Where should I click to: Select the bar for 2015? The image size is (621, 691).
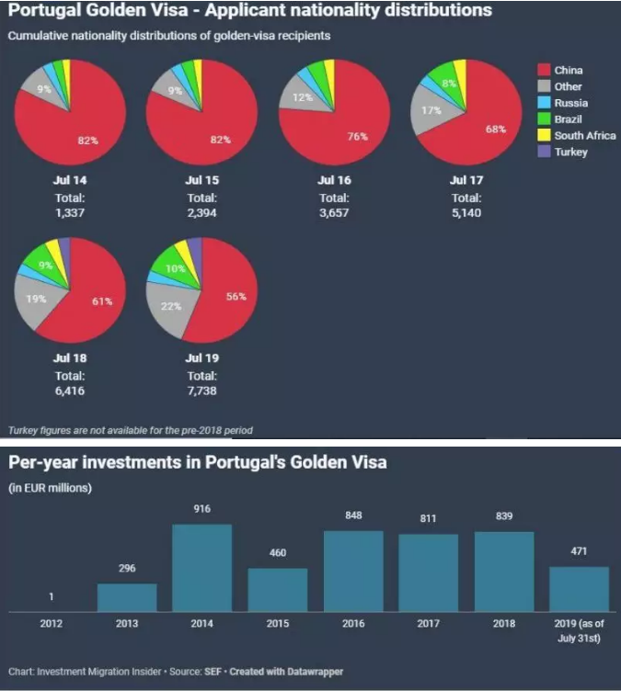point(278,590)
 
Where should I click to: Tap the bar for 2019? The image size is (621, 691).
point(579,589)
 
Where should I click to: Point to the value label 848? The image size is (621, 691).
point(353,515)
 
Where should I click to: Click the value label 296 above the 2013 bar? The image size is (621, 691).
point(127,568)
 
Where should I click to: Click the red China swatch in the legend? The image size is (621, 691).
point(543,70)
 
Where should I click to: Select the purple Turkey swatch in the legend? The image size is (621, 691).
point(543,152)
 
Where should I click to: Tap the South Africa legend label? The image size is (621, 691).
point(585,136)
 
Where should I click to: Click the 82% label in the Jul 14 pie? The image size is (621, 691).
point(86,141)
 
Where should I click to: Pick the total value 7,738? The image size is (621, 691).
point(202,390)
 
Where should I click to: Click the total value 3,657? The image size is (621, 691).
point(334,212)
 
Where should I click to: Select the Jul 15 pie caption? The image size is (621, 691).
point(201,180)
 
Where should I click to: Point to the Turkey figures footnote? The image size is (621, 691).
point(130,430)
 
